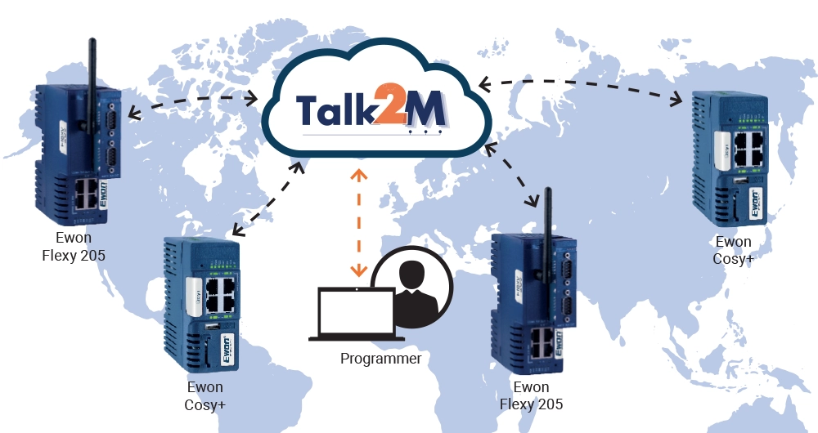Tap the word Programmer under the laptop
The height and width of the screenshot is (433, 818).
click(x=380, y=358)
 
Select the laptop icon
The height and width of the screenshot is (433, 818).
click(x=356, y=315)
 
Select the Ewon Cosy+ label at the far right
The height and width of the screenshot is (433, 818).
click(x=733, y=250)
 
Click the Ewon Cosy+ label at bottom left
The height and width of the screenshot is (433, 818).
click(x=205, y=395)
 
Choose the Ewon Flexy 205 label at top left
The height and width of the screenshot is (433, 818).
click(x=74, y=247)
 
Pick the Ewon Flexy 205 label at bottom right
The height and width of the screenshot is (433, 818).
click(x=531, y=395)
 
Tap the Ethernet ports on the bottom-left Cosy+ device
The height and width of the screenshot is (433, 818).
click(x=221, y=292)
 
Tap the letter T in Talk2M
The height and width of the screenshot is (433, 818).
click(x=308, y=109)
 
